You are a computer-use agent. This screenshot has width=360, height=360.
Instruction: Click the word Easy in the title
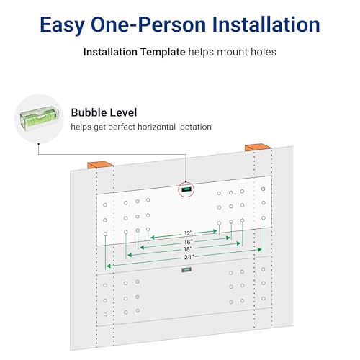pyautogui.click(x=62, y=25)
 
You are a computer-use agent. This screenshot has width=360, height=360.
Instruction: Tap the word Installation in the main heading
pyautogui.click(x=266, y=24)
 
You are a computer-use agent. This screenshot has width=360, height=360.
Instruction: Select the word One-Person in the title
pyautogui.click(x=148, y=24)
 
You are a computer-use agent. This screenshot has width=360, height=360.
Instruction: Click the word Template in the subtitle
pyautogui.click(x=163, y=52)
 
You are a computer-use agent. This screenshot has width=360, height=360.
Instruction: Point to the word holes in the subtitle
pyautogui.click(x=264, y=52)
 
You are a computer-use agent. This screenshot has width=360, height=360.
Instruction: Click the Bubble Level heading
pyautogui.click(x=104, y=112)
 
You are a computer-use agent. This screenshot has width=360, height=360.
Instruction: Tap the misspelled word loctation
pyautogui.click(x=194, y=127)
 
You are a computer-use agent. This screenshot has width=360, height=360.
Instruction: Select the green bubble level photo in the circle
pyautogui.click(x=40, y=119)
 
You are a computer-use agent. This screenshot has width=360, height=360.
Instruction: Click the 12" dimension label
pyautogui.click(x=189, y=233)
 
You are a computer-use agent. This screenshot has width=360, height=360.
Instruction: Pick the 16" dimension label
pyautogui.click(x=189, y=242)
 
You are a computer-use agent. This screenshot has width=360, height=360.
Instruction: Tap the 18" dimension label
pyautogui.click(x=188, y=249)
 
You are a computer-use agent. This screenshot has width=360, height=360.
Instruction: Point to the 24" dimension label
pyautogui.click(x=189, y=257)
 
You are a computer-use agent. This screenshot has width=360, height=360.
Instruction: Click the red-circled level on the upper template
pyautogui.click(x=186, y=189)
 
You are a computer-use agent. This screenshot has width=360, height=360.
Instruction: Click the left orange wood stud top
pyautogui.click(x=100, y=164)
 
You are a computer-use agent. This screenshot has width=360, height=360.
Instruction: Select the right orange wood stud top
pyautogui.click(x=258, y=147)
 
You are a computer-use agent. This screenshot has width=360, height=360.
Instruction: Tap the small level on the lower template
pyautogui.click(x=186, y=270)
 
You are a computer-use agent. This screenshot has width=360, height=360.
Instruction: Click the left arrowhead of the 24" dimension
pyautogui.click(x=109, y=266)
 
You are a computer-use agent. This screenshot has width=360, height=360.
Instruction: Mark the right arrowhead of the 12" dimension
pyautogui.click(x=215, y=231)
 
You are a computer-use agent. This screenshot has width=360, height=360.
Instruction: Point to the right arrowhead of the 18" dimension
pyautogui.click(x=238, y=243)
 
